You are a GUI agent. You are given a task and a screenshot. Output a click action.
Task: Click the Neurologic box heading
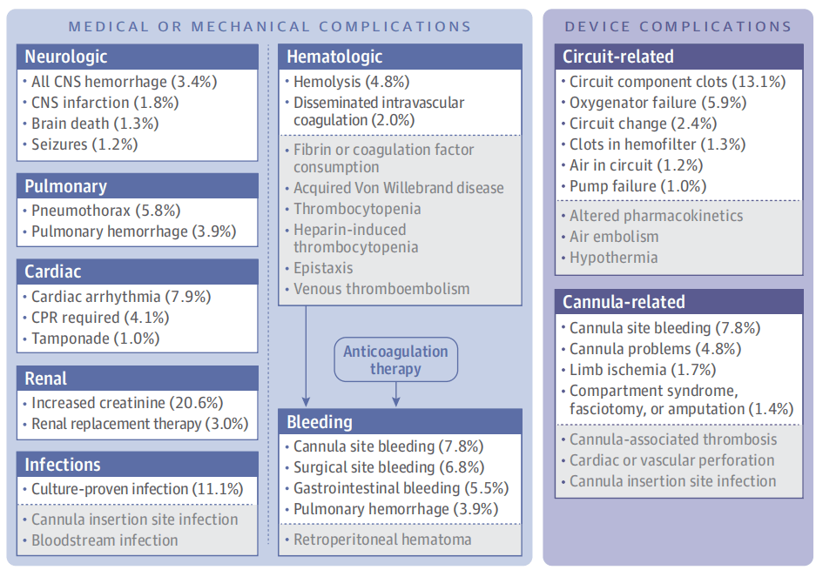pyautogui.click(x=66, y=57)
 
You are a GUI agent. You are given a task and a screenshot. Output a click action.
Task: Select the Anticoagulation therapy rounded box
pyautogui.click(x=395, y=359)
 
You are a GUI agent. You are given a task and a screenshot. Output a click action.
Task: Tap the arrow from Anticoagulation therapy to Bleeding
pyautogui.click(x=396, y=393)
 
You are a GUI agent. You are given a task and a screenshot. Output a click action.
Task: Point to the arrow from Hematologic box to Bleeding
pyautogui.click(x=306, y=356)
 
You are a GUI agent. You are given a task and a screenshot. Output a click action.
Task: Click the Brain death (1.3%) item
pyautogui.click(x=95, y=124)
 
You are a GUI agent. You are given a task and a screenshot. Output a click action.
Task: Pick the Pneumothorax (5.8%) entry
pyautogui.click(x=105, y=211)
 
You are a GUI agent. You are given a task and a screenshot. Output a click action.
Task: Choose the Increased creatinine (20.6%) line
pyautogui.click(x=127, y=403)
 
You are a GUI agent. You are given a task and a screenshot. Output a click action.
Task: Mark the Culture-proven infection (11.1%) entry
pyautogui.click(x=137, y=489)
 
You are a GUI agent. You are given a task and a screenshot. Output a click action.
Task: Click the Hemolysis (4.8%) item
pyautogui.click(x=351, y=82)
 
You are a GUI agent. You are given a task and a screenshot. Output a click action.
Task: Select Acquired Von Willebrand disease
pyautogui.click(x=399, y=188)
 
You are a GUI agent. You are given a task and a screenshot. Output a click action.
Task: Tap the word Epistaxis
pyautogui.click(x=323, y=268)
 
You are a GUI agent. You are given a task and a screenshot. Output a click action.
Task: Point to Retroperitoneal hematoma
pyautogui.click(x=382, y=540)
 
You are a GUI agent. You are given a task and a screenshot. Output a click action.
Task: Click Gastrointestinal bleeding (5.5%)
pyautogui.click(x=401, y=488)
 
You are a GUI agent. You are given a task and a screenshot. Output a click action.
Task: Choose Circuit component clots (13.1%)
pyautogui.click(x=677, y=82)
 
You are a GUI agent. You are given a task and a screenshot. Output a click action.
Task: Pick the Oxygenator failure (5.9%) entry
pyautogui.click(x=658, y=103)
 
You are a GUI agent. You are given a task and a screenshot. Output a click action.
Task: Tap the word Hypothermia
pyautogui.click(x=614, y=258)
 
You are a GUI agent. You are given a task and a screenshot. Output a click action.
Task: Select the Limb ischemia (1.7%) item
pyautogui.click(x=643, y=370)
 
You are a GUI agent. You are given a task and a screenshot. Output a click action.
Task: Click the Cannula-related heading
pyautogui.click(x=624, y=302)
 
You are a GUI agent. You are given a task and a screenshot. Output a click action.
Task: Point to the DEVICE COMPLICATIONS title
pyautogui.click(x=678, y=26)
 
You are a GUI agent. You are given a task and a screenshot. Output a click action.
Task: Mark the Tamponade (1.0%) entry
pyautogui.click(x=95, y=339)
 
